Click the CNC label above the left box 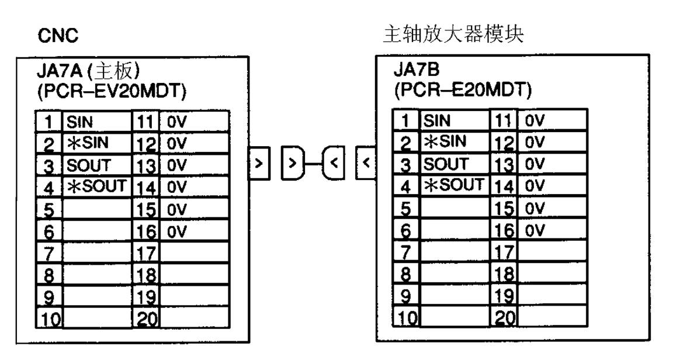(x=58, y=36)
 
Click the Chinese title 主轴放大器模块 (x=453, y=36)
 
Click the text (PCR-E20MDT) (x=462, y=91)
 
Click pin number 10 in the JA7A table (x=49, y=319)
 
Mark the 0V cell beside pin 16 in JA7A (x=195, y=230)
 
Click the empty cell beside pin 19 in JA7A (x=195, y=297)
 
